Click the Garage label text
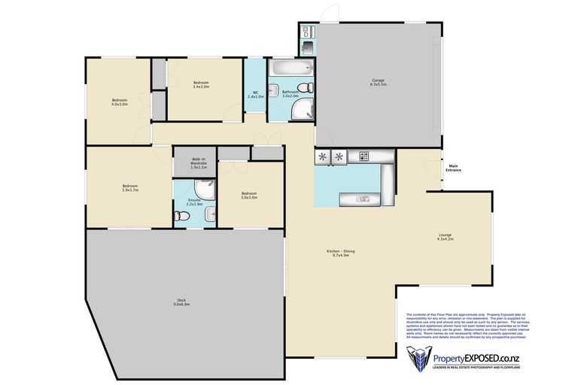point(379,83)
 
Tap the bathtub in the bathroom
point(287,70)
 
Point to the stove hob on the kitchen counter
point(364,156)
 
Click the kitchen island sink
point(364,199)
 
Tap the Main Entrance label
point(455,168)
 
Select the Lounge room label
point(446,238)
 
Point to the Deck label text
point(181,302)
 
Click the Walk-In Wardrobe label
point(199,163)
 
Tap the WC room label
point(256,95)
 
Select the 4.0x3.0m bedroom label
point(120,102)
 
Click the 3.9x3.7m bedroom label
point(130,188)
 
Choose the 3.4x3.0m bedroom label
point(201,84)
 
